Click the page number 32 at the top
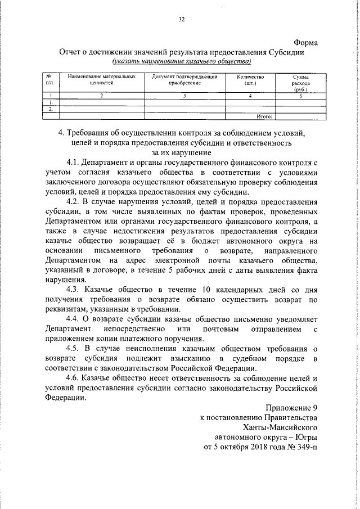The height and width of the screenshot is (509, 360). (181, 20)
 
